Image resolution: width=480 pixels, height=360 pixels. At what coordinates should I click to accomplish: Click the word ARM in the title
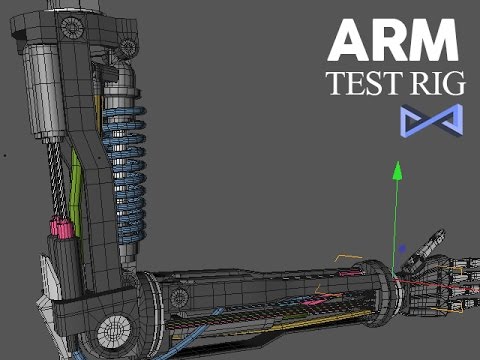point(393,40)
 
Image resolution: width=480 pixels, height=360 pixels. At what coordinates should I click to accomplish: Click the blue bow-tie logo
point(432,120)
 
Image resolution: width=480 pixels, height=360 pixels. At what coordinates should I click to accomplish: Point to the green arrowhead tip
point(397,162)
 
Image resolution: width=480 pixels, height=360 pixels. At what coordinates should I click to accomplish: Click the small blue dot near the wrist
point(402,248)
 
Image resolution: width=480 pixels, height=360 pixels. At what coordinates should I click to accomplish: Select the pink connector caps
point(61,227)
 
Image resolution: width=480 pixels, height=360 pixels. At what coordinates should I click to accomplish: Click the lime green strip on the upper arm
point(75,193)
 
